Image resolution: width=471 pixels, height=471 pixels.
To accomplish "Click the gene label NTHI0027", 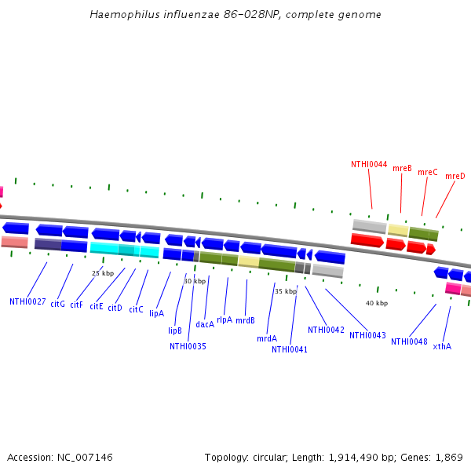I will tap(27, 301).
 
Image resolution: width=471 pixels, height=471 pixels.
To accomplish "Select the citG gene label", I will tap(57, 303).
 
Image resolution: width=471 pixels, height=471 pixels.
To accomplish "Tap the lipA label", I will tap(156, 313).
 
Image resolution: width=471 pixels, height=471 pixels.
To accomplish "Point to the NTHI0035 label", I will tap(188, 346).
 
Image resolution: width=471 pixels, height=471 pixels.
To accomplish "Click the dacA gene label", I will tap(205, 324).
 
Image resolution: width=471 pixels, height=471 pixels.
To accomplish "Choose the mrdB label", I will tap(246, 320).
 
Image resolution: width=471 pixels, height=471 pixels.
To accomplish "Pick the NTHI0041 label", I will tap(290, 349).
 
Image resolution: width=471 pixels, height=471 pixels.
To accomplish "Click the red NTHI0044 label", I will tap(369, 165).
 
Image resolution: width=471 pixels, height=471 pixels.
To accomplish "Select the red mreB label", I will tap(402, 168).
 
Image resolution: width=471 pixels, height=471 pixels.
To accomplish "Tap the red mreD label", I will tap(455, 177).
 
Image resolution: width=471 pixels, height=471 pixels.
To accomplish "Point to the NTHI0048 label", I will tap(409, 341).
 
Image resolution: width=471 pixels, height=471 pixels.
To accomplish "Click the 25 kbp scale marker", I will tap(103, 273).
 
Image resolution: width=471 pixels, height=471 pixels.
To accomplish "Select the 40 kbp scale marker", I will tap(377, 303).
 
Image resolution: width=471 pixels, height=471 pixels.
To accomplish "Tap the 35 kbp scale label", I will tap(286, 291).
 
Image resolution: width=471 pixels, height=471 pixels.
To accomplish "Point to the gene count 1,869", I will tap(449, 457).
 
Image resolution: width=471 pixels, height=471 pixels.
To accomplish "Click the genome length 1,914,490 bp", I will tap(345, 457).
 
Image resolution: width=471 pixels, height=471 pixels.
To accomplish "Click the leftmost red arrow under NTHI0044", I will tap(367, 240).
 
